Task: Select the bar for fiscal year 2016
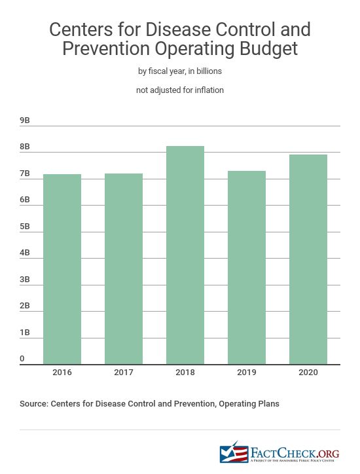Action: pos(62,269)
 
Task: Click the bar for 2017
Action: pos(124,268)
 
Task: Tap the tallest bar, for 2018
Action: pos(185,255)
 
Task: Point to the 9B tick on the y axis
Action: pos(25,121)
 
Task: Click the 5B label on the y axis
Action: pos(25,227)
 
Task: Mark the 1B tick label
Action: pos(25,333)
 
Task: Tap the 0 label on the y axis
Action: pos(22,359)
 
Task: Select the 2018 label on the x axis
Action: pos(185,373)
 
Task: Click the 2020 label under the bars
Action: pos(308,373)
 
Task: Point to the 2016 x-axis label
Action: pos(62,373)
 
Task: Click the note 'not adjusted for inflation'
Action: pos(180,90)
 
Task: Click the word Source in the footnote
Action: pos(35,404)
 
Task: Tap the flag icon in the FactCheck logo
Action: pos(230,453)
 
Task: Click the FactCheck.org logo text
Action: pos(295,452)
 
